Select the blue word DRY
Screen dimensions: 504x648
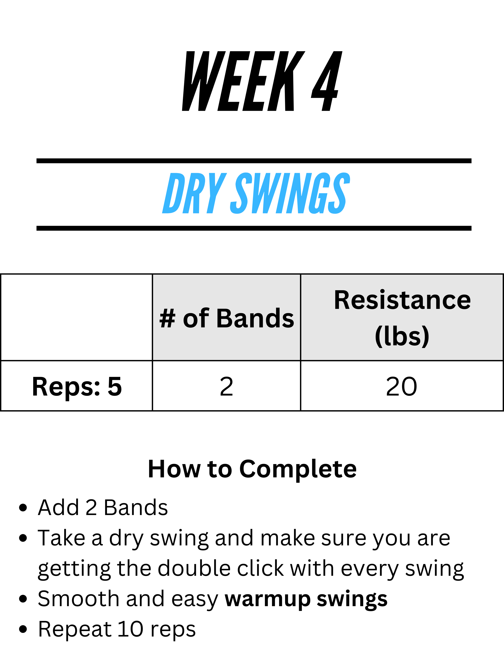pos(194,193)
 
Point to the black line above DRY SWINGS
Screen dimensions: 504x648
pos(254,161)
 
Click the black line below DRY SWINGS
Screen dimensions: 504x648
pos(254,228)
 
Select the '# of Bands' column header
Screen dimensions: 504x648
pos(226,318)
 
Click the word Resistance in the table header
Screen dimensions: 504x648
pos(402,300)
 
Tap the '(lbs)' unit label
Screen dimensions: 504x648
pos(402,336)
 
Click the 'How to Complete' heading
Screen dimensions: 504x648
pos(252,469)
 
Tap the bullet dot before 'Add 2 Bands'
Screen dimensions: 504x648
pos(23,508)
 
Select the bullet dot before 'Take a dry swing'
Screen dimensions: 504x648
pos(23,538)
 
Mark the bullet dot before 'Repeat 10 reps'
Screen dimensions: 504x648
pos(23,629)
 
